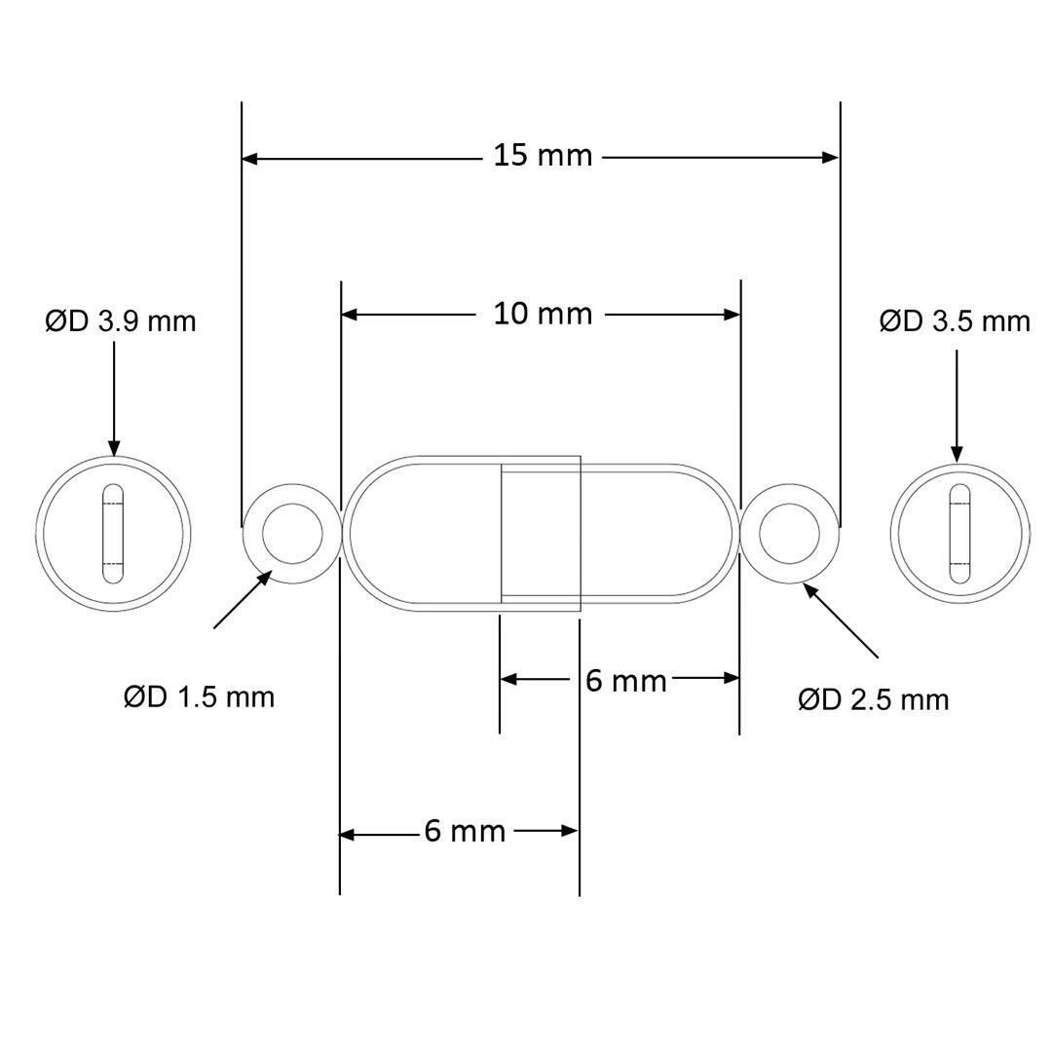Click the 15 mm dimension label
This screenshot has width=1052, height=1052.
[x=543, y=156]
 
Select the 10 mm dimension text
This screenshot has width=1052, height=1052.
[x=543, y=314]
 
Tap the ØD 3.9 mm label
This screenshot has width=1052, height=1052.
[x=121, y=321]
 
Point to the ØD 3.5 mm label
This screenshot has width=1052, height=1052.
[x=955, y=321]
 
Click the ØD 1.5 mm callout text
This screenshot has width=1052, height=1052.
[x=200, y=697]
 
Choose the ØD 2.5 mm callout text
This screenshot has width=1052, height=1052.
[x=874, y=699]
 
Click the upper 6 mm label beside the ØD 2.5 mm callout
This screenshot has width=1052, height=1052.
[x=626, y=680]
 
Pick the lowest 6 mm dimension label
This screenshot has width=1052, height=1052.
[x=465, y=831]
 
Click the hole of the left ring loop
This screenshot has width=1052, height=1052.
[x=292, y=534]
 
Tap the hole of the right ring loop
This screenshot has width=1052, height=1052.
[x=789, y=534]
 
